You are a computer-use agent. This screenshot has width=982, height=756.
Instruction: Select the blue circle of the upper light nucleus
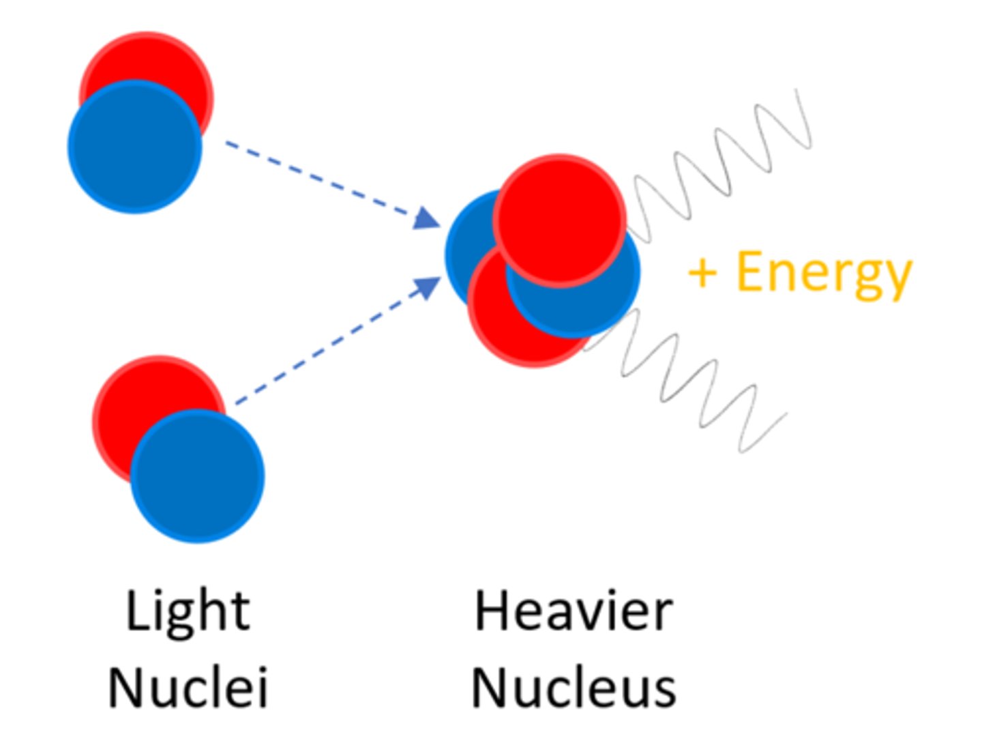[134, 147]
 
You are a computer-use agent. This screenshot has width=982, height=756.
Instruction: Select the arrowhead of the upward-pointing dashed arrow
[429, 287]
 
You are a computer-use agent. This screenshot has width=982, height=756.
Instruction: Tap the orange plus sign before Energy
[702, 273]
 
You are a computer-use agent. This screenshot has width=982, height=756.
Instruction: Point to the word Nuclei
[188, 688]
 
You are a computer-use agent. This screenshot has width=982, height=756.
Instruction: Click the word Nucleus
[574, 688]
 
